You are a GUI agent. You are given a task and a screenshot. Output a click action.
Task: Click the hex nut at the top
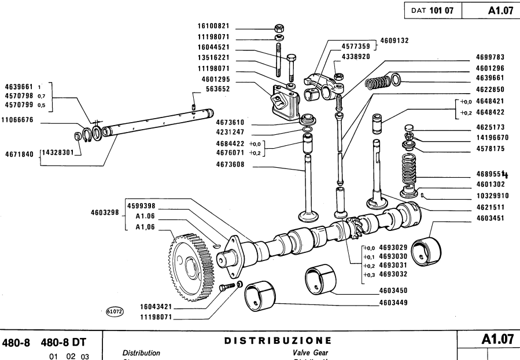tap(278, 27)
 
